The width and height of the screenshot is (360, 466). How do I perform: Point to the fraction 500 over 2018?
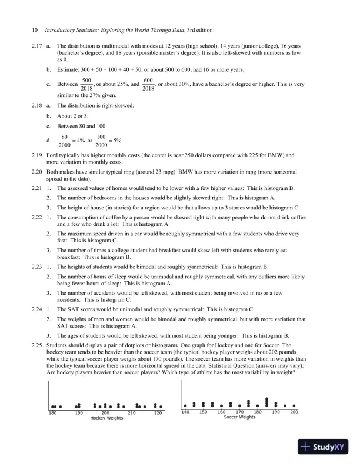[x=86, y=84]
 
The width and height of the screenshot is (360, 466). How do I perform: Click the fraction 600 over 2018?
[x=148, y=84]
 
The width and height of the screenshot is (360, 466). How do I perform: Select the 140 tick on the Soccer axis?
[x=186, y=412]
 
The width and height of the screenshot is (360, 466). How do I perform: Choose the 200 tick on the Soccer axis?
[x=294, y=412]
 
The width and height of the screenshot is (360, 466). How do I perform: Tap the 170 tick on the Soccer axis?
[x=240, y=412]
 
